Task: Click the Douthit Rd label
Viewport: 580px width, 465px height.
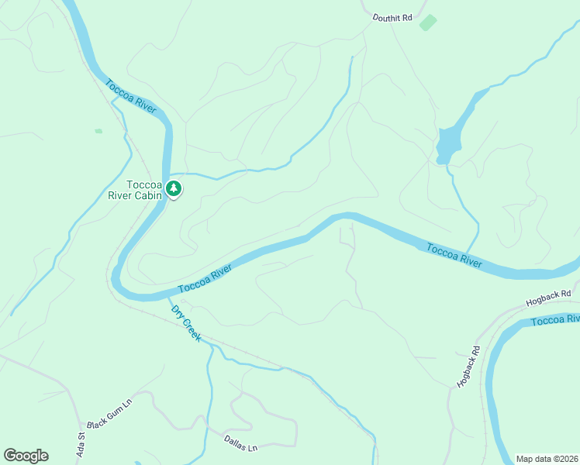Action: [x=392, y=16]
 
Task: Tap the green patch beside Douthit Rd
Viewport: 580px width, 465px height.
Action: [x=427, y=22]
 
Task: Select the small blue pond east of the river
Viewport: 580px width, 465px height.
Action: [x=447, y=143]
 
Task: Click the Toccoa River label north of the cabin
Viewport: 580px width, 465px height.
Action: [x=130, y=96]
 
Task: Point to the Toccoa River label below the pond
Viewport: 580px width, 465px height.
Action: [x=454, y=255]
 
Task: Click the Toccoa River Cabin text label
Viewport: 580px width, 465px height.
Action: [x=144, y=190]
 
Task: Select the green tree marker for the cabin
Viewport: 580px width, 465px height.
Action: [x=174, y=188]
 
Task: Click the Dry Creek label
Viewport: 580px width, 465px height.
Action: [x=186, y=322]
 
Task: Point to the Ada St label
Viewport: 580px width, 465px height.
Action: [x=79, y=443]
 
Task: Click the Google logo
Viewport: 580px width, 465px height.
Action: [x=26, y=456]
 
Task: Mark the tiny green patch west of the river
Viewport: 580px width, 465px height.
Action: [x=98, y=131]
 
